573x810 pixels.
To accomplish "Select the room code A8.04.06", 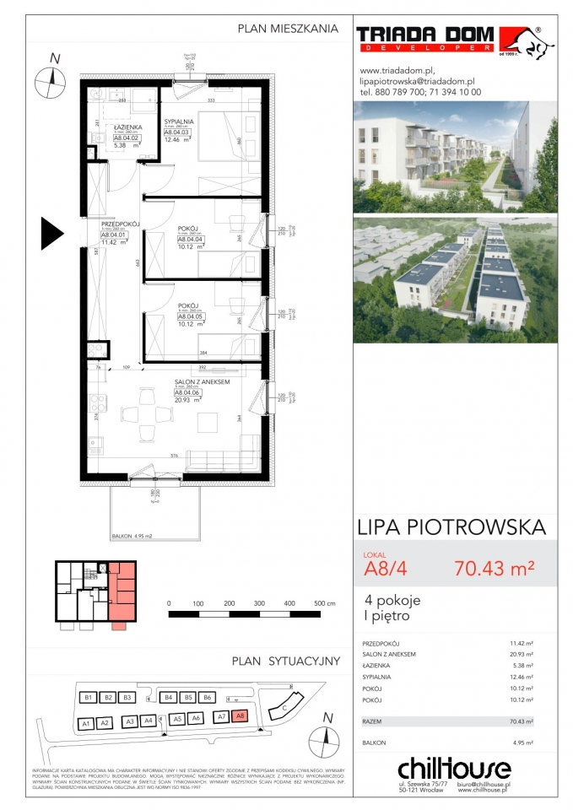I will (x=186, y=392).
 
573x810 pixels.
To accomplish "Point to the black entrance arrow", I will (x=52, y=230).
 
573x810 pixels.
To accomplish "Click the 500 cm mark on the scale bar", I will (x=319, y=604).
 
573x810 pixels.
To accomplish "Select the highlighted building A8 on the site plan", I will (x=240, y=717).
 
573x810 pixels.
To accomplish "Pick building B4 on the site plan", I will (x=169, y=698).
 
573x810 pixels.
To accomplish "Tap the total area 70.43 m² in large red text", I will (x=494, y=568).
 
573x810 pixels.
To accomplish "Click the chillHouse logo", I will (x=453, y=768).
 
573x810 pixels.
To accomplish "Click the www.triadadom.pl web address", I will (x=397, y=70).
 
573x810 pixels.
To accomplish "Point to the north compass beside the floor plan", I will (x=51, y=81).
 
